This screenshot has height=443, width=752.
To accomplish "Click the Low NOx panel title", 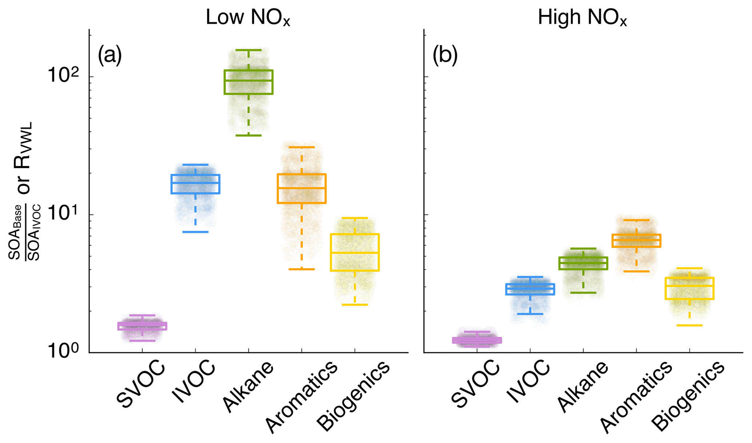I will click(248, 17).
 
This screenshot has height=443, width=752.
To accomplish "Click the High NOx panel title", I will click(582, 17).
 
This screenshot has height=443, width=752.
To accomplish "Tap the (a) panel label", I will click(110, 56).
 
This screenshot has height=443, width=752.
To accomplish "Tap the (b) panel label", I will click(445, 56).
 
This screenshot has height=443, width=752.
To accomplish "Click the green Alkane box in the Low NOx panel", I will click(248, 82).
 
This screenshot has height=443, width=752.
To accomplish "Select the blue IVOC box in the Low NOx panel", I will click(195, 184).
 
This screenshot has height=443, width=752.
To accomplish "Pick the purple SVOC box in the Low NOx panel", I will click(142, 326).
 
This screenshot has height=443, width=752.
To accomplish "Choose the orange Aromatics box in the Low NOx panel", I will click(302, 188).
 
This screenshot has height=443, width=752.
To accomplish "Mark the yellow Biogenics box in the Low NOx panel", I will click(355, 252).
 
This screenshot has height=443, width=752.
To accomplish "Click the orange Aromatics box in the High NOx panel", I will click(636, 240).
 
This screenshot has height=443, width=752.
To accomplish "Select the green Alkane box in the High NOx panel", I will click(583, 263).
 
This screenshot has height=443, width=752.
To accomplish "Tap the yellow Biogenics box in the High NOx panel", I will click(689, 288).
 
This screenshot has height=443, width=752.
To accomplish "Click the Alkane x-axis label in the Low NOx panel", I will click(248, 386).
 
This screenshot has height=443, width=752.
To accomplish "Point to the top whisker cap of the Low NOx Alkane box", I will click(248, 50).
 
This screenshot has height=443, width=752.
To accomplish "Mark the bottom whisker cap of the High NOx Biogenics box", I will click(689, 325).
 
